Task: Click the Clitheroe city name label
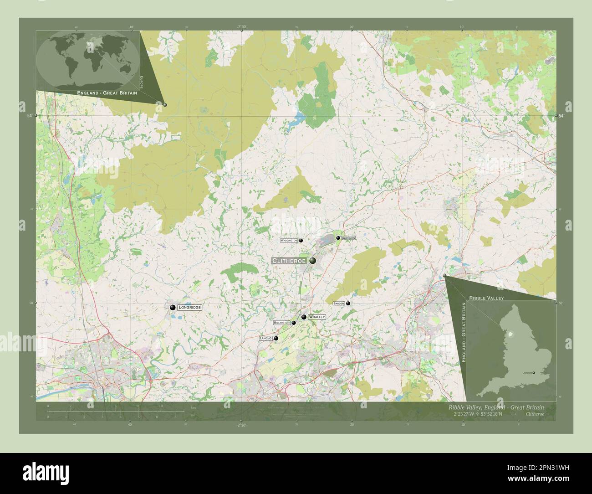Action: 289,261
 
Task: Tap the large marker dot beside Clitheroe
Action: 313,261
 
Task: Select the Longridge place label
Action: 189,308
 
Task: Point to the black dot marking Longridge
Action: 173,308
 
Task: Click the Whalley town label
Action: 316,317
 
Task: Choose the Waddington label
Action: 289,240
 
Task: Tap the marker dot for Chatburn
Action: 338,238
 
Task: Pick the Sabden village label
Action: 339,303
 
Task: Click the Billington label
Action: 282,323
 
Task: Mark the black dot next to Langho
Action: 276,338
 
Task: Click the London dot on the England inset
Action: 535,373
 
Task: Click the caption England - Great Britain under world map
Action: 107,93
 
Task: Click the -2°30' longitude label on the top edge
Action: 241,27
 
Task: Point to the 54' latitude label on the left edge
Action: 30,116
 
